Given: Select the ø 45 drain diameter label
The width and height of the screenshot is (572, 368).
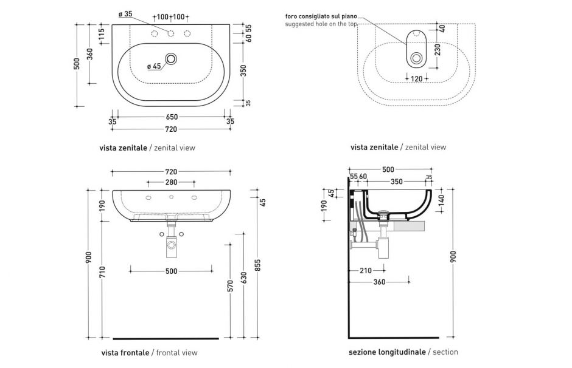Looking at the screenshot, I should pos(153,66).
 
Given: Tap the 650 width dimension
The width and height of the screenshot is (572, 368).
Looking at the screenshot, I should pos(171,117).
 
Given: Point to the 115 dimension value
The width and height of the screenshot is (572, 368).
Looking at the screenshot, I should pos(101,32).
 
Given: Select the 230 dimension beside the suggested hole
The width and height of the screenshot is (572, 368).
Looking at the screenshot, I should pos(437,49).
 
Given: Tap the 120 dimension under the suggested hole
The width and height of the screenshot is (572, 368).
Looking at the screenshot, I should pos(416,79).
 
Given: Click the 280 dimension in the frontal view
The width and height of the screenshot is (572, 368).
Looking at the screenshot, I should pos(171,182).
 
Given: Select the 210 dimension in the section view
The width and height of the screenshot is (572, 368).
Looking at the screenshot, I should pos(365,271).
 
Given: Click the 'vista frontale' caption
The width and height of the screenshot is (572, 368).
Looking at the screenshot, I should pos(125,352).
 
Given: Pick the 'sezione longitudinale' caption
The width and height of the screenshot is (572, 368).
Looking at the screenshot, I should pos(387,352).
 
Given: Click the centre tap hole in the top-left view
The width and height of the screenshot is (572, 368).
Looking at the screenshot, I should pos(171,33).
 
